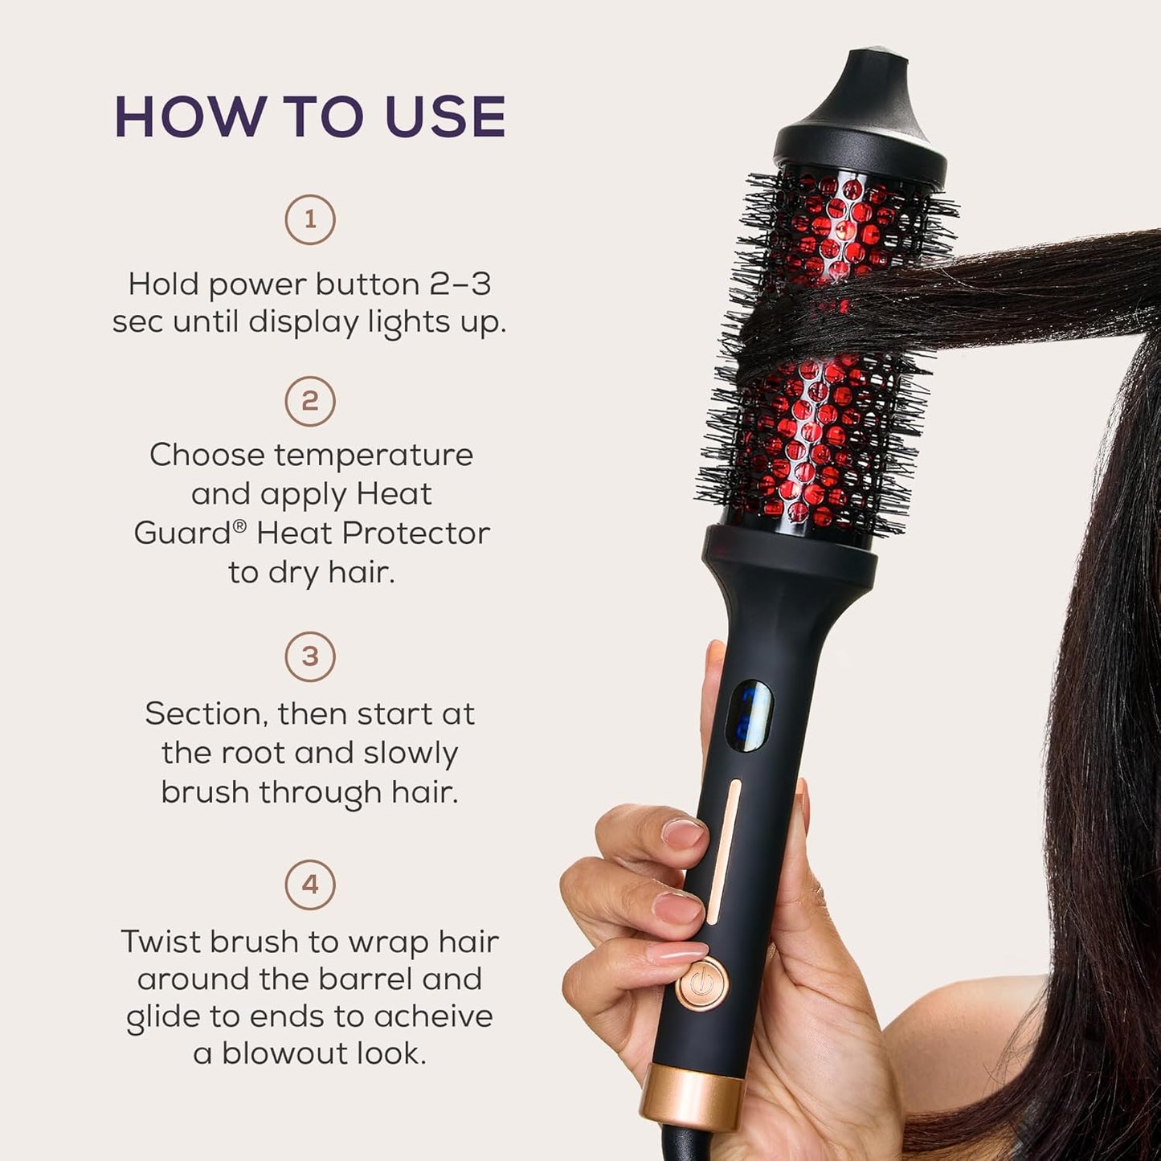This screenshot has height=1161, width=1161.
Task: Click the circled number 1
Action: tap(310, 219)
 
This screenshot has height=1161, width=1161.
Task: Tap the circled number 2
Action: tap(310, 401)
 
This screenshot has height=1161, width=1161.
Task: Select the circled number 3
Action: tap(310, 656)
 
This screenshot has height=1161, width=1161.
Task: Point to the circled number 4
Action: tap(310, 885)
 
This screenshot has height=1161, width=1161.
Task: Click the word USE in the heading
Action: tap(446, 117)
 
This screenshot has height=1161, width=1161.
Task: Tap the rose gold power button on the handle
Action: tap(701, 983)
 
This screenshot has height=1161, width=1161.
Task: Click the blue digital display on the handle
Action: tap(748, 712)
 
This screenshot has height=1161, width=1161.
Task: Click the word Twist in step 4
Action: tap(161, 942)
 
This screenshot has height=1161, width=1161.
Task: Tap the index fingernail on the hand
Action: tap(683, 832)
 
